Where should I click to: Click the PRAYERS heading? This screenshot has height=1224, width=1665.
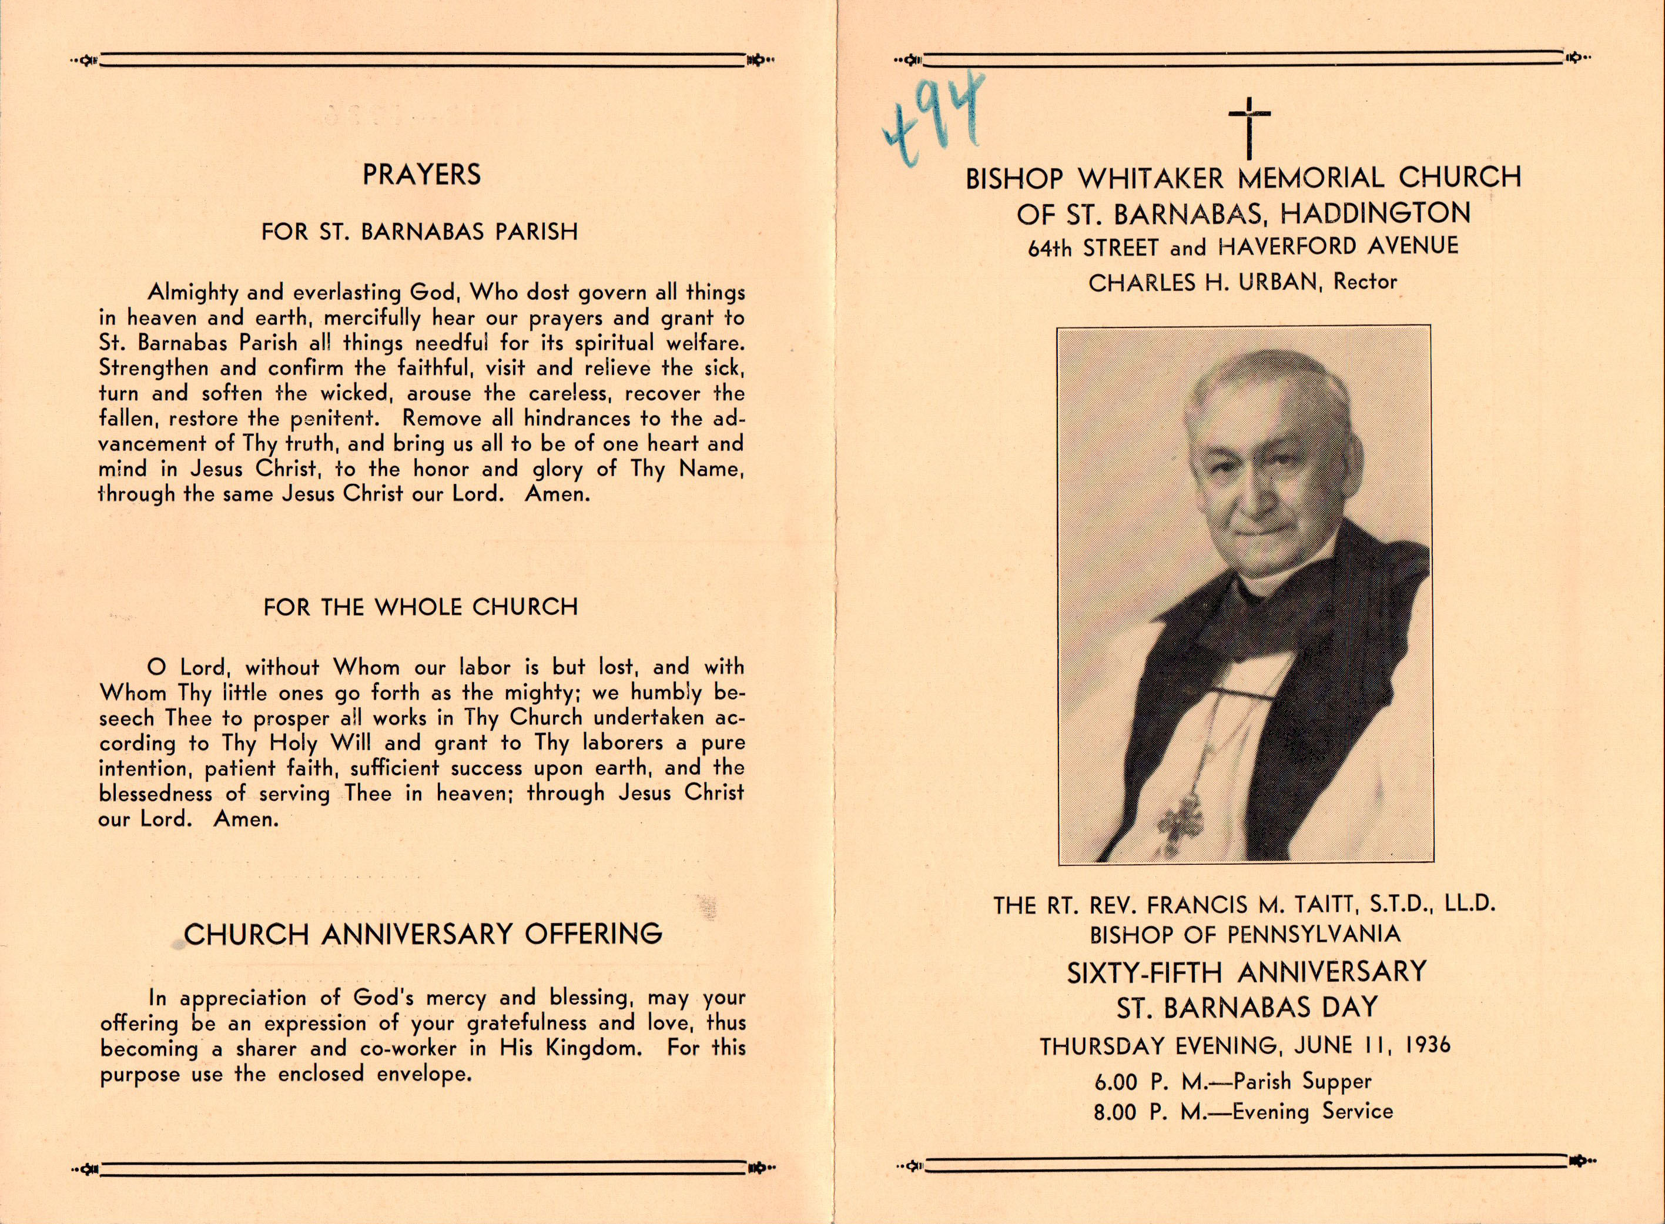coord(421,175)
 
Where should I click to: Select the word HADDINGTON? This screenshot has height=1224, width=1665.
coord(1375,213)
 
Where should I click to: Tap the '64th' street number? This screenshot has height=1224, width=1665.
coord(1048,248)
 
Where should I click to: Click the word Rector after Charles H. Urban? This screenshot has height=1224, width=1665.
coord(1365,282)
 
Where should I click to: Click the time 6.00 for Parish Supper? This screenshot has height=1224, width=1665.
coord(1115,1082)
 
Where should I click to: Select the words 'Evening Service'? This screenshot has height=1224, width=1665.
coord(1312,1111)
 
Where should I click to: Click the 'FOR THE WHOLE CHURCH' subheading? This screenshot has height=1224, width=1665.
coord(420,607)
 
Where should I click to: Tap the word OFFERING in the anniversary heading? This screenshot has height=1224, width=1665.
coord(592,934)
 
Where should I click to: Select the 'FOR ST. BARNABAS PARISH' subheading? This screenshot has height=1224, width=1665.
coord(419,232)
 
